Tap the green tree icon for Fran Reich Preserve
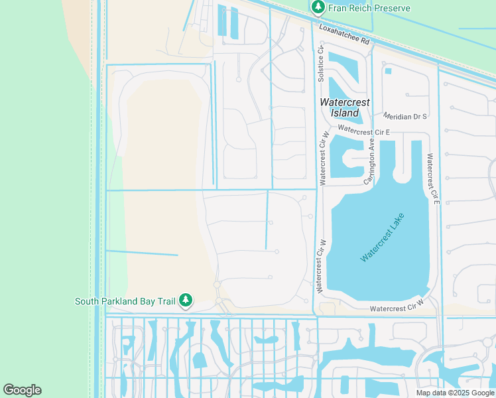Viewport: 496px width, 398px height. (318, 8)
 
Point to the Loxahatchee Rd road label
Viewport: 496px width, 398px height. (344, 35)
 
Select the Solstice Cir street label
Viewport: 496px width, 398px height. (320, 64)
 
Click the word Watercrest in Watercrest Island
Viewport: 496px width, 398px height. (345, 103)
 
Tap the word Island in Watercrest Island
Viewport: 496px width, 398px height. (345, 113)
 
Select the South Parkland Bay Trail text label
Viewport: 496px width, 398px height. (125, 301)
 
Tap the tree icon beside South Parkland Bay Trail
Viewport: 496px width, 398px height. (186, 301)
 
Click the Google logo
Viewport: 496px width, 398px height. (22, 390)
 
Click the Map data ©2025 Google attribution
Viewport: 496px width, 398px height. (455, 393)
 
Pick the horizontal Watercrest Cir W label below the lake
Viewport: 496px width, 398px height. (396, 308)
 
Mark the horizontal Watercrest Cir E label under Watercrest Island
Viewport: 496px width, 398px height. (363, 131)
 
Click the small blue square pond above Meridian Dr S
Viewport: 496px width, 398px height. (387, 71)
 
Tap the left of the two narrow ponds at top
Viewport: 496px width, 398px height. (221, 21)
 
